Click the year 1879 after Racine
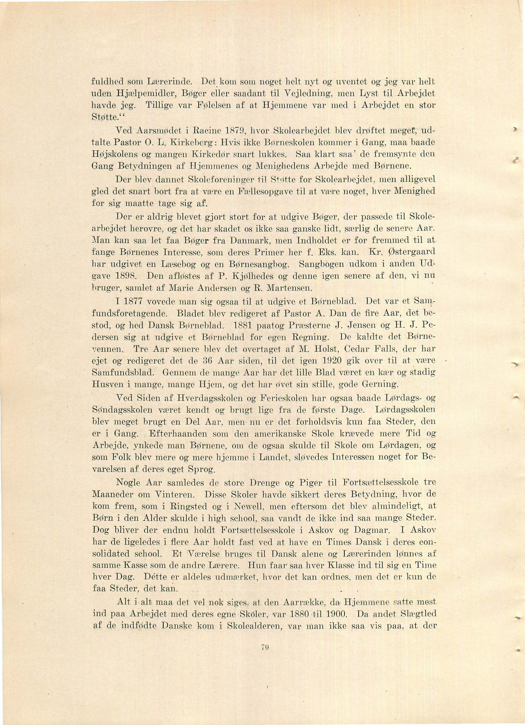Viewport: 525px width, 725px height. click(231, 130)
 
